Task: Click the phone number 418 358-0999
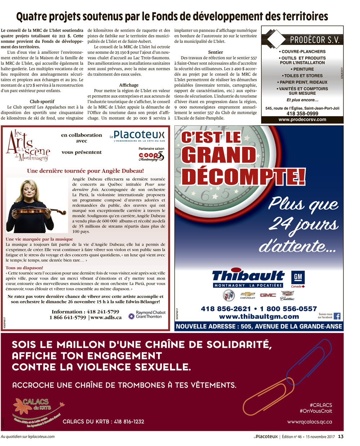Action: point(302,113)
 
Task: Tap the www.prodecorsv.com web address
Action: point(302,120)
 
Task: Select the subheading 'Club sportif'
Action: point(42,102)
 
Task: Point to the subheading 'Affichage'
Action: point(129,85)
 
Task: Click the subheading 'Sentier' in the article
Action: point(216,52)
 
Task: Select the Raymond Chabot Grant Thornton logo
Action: point(147,315)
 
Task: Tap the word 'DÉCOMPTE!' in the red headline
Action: point(243,176)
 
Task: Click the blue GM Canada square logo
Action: point(298,277)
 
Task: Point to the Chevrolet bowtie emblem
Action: point(248,295)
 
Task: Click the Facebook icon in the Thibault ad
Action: point(337,316)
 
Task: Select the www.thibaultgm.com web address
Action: point(259,317)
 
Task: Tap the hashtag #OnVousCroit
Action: point(315,411)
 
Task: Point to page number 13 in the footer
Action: point(341,437)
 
